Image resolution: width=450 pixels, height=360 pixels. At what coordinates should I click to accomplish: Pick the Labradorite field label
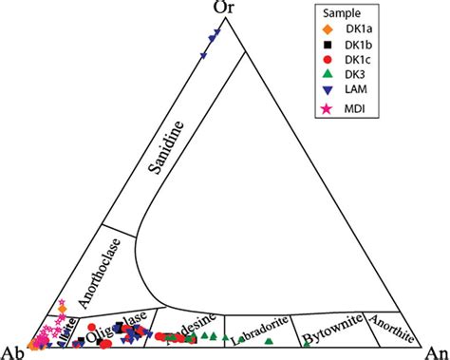pos(261,332)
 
